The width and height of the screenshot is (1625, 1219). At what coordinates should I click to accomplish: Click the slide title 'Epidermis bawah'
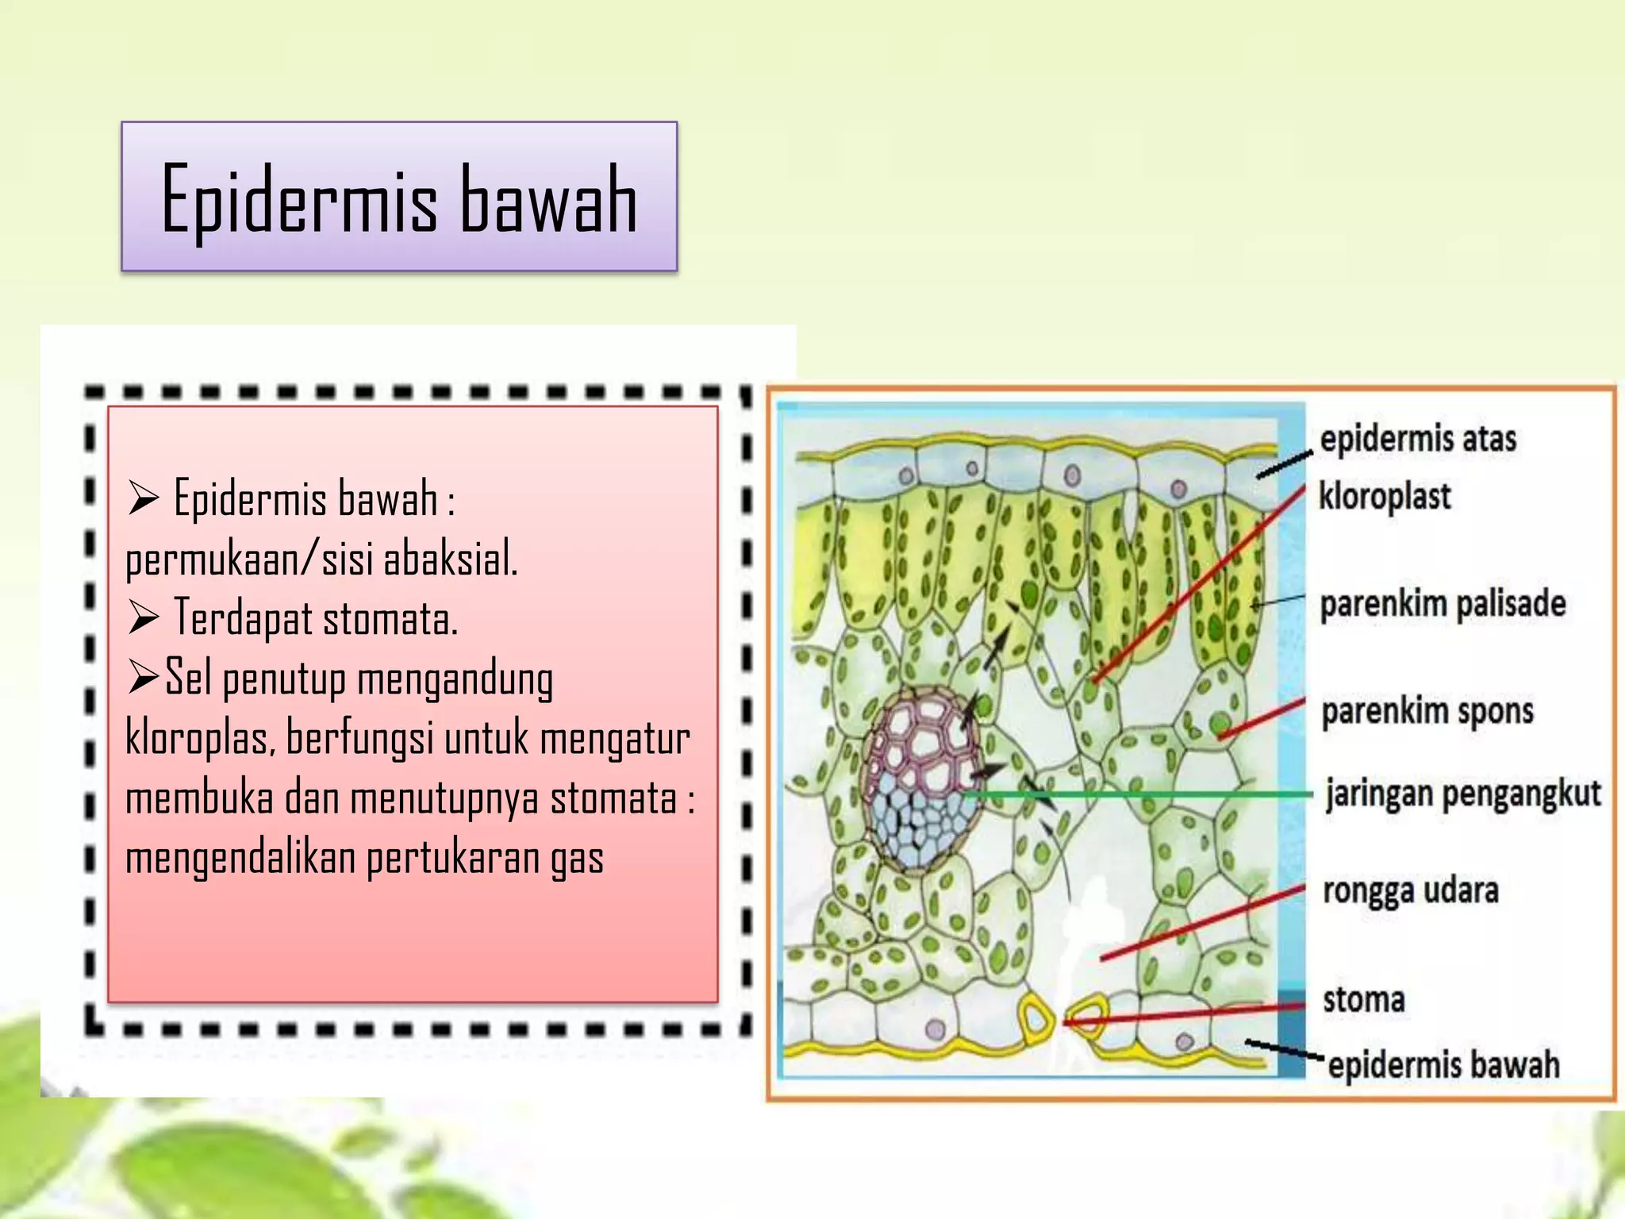click(399, 198)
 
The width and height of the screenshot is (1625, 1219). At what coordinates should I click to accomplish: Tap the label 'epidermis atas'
click(1418, 439)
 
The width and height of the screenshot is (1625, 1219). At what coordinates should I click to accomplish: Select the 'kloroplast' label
click(1385, 497)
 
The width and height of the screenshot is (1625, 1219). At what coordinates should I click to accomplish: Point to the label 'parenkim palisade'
click(1443, 604)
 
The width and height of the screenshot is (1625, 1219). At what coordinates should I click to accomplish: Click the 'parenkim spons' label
click(1427, 711)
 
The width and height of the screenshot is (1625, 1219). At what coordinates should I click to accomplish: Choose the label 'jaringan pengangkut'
click(1463, 794)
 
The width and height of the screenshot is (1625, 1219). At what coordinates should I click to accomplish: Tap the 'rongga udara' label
click(1411, 890)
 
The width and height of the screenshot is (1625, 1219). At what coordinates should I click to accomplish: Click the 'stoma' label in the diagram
click(1363, 999)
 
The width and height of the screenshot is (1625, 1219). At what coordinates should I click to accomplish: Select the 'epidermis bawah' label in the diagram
click(1443, 1064)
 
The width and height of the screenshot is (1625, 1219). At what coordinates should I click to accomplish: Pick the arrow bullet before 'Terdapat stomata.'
click(144, 617)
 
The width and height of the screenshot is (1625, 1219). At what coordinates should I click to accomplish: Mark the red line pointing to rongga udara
click(1202, 922)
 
